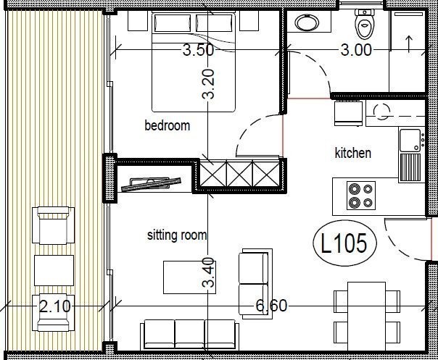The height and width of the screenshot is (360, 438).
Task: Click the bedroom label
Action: point(167,125)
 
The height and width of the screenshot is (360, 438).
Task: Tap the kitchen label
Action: point(352,153)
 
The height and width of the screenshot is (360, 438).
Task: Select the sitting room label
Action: point(177,235)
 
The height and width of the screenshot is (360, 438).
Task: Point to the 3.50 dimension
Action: point(197,51)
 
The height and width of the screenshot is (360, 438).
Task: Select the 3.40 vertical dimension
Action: point(209,273)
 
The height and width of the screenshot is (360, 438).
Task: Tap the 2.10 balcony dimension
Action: point(54,306)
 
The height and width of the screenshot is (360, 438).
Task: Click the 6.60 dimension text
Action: point(270,306)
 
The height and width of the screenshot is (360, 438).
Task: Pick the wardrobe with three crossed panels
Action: point(239,174)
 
